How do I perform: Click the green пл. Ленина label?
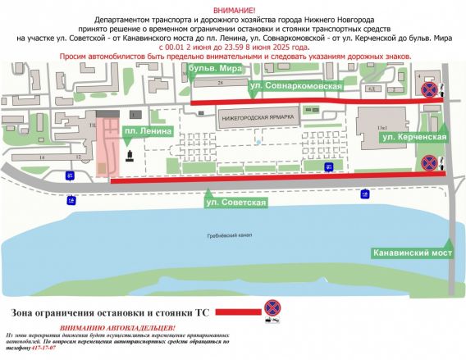148,131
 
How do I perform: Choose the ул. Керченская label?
413,138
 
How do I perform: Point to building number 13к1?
381,127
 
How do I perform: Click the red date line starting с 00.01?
232,48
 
